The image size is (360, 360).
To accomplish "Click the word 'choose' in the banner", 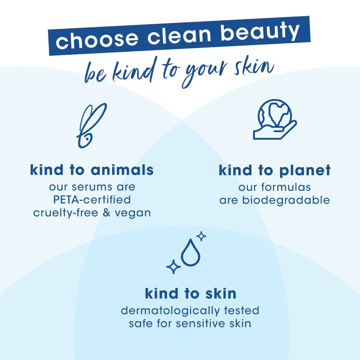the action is (x=97, y=40).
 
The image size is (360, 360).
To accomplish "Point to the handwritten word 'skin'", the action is (x=254, y=68).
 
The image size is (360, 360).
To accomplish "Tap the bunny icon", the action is (x=91, y=125).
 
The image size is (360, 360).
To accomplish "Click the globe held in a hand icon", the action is (x=275, y=119).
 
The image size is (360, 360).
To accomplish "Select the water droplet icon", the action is (x=190, y=253).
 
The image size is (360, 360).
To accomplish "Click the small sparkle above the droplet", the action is (x=201, y=236).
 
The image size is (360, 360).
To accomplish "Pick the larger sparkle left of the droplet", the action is (x=174, y=266).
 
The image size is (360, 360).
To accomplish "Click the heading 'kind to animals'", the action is (x=92, y=170).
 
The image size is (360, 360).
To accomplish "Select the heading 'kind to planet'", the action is (x=275, y=170).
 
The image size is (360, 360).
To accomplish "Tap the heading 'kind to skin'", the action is (x=190, y=293).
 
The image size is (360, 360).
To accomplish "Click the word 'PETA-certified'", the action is (x=92, y=199).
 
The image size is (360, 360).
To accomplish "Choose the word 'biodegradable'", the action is (x=286, y=200).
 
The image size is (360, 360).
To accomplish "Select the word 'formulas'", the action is (x=286, y=187).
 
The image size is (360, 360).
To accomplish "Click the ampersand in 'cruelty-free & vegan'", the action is (x=107, y=213).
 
